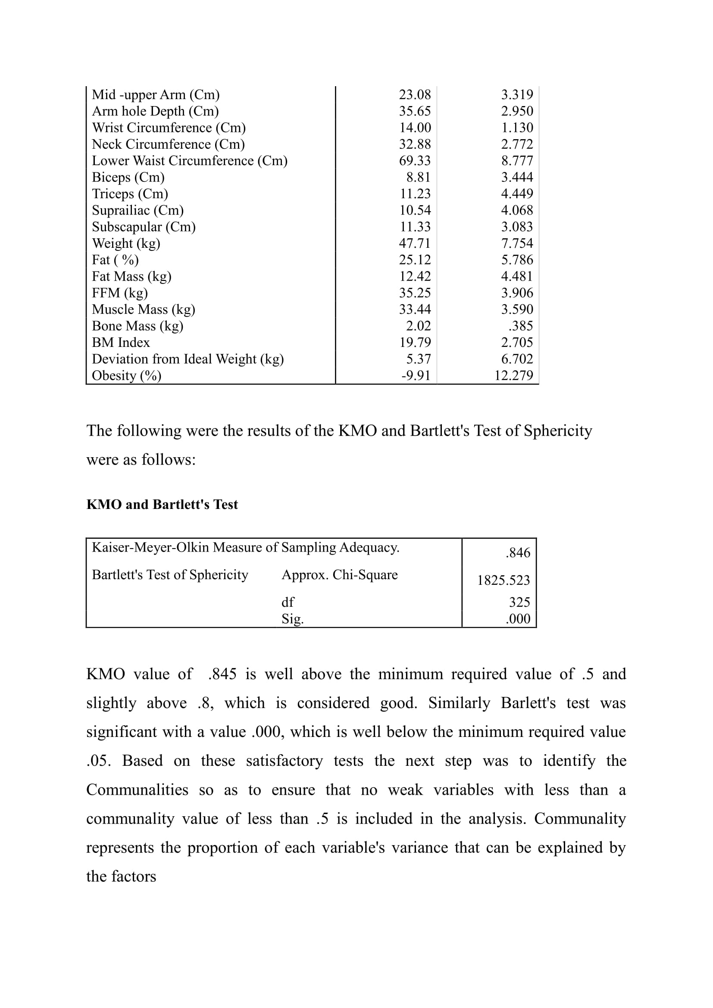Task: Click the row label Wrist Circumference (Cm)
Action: click(x=169, y=128)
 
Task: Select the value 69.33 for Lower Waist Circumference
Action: click(x=414, y=161)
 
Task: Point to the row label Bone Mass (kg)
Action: click(x=138, y=326)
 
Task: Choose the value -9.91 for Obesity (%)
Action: click(x=416, y=375)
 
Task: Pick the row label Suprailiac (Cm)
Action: click(x=138, y=210)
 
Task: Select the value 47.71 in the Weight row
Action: click(x=414, y=243)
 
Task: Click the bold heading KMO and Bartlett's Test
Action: click(x=162, y=505)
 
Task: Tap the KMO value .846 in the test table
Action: click(x=518, y=553)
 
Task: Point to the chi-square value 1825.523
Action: click(x=503, y=580)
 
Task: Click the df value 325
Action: click(x=519, y=602)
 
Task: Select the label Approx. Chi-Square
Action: click(x=339, y=575)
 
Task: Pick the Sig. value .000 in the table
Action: click(x=518, y=618)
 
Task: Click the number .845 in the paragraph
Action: click(x=222, y=674)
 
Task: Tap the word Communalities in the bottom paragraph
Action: click(x=137, y=790)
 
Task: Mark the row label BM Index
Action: click(x=121, y=343)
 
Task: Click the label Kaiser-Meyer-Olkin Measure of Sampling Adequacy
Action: click(x=245, y=547)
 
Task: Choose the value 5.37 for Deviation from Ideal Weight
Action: click(x=419, y=359)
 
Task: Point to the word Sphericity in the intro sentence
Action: click(x=557, y=431)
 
